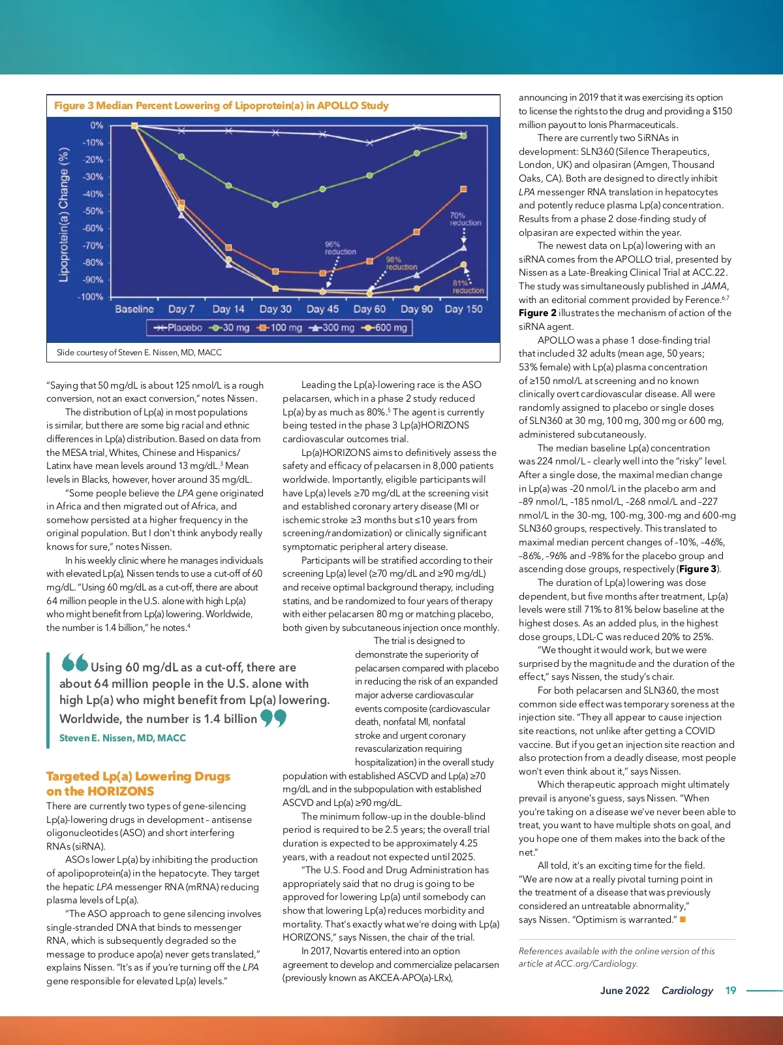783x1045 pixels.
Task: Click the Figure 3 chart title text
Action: pos(221,106)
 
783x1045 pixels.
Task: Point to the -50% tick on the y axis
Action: pos(93,211)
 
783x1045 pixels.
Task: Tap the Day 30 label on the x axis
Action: pos(275,309)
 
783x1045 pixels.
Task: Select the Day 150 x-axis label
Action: pos(463,309)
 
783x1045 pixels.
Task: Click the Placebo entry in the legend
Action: pos(178,327)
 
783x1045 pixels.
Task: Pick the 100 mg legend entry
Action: pos(281,327)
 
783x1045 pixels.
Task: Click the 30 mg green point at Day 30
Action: pos(275,204)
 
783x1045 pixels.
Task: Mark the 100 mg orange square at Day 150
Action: pos(463,189)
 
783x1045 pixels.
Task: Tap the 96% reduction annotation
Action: pos(340,248)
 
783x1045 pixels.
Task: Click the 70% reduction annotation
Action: pos(465,219)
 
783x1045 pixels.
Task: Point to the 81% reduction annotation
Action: pos(467,287)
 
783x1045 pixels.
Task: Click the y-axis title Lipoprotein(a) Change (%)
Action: pos(64,214)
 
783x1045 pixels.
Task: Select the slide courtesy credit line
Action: pos(139,353)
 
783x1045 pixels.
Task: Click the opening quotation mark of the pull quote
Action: pos(74,663)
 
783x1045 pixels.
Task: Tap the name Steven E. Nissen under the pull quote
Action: pos(122,738)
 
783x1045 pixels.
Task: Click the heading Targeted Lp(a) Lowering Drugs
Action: pos(138,777)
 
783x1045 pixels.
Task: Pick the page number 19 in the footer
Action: pos(730,990)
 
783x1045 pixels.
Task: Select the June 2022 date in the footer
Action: pos(624,990)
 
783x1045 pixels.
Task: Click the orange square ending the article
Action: pos(683,920)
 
